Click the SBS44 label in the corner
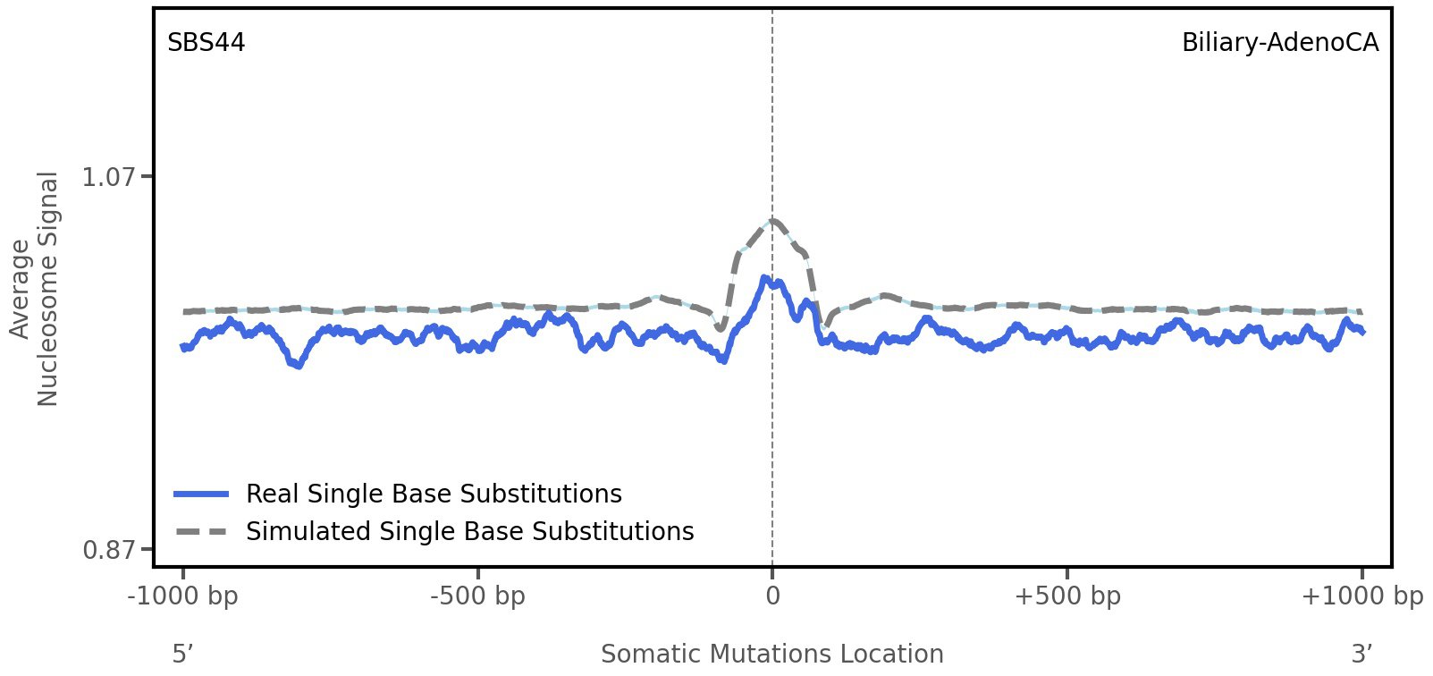pyautogui.click(x=206, y=43)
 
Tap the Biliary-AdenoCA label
pyautogui.click(x=1279, y=43)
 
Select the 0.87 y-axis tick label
pyautogui.click(x=109, y=549)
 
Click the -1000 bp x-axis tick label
pyautogui.click(x=183, y=596)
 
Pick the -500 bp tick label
pyautogui.click(x=477, y=596)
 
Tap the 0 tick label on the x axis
pyautogui.click(x=772, y=596)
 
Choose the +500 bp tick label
pyautogui.click(x=1067, y=596)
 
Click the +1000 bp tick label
pyautogui.click(x=1361, y=596)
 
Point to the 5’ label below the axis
pyautogui.click(x=182, y=654)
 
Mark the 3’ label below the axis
pyautogui.click(x=1361, y=654)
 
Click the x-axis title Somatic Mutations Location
pyautogui.click(x=772, y=654)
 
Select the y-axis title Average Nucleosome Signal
pyautogui.click(x=35, y=288)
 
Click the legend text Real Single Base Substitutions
pyautogui.click(x=434, y=494)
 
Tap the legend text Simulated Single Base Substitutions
pyautogui.click(x=469, y=531)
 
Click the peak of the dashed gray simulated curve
pyautogui.click(x=773, y=220)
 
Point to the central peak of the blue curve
pyautogui.click(x=765, y=278)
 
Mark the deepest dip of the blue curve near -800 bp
pyautogui.click(x=299, y=365)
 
